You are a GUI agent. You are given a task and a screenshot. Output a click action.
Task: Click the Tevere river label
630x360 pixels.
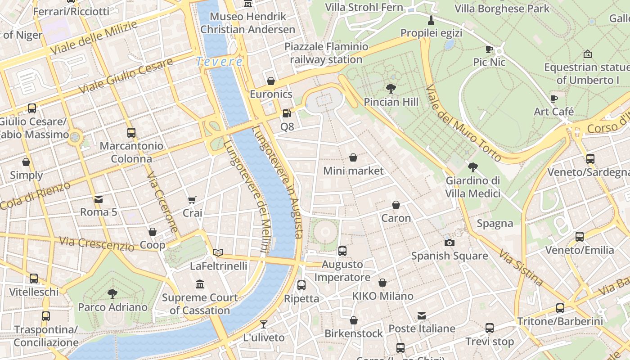coord(220,62)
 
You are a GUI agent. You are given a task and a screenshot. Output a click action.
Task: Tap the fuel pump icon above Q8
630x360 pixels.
coord(287,113)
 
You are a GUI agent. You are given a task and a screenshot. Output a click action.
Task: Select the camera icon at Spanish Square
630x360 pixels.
coord(449,243)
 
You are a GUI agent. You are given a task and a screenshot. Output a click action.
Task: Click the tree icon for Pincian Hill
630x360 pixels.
coord(391,88)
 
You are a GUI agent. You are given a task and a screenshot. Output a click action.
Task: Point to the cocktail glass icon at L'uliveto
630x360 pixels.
coord(264,324)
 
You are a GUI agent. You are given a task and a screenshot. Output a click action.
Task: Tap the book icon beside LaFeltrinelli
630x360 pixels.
coord(218,252)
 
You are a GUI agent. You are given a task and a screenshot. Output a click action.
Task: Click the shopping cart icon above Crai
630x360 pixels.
coord(192,200)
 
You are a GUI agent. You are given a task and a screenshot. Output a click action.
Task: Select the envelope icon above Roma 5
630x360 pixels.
coord(98,199)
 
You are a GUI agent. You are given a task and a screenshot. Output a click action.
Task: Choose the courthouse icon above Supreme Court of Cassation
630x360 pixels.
coord(200,284)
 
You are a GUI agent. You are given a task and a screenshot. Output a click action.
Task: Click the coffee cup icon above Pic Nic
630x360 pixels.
coord(489,49)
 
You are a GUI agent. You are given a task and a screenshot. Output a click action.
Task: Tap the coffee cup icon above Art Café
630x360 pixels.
coord(553,98)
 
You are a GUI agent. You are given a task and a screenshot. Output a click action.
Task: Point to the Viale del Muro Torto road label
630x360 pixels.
coord(463,123)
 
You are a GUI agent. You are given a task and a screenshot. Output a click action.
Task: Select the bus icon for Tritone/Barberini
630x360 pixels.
coord(560,308)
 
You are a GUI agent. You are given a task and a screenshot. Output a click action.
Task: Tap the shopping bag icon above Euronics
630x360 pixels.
coord(271,81)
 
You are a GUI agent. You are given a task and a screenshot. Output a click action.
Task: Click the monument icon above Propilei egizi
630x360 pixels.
coord(431,20)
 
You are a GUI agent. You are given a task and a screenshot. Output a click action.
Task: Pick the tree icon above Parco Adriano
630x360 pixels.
coord(112,294)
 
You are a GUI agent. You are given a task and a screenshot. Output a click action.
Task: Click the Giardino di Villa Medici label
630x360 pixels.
coord(472,187)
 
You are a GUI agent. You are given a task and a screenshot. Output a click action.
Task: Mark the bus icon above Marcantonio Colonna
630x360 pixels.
coord(131,133)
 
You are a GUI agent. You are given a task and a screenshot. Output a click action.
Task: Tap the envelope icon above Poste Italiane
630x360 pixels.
coord(421,315)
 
